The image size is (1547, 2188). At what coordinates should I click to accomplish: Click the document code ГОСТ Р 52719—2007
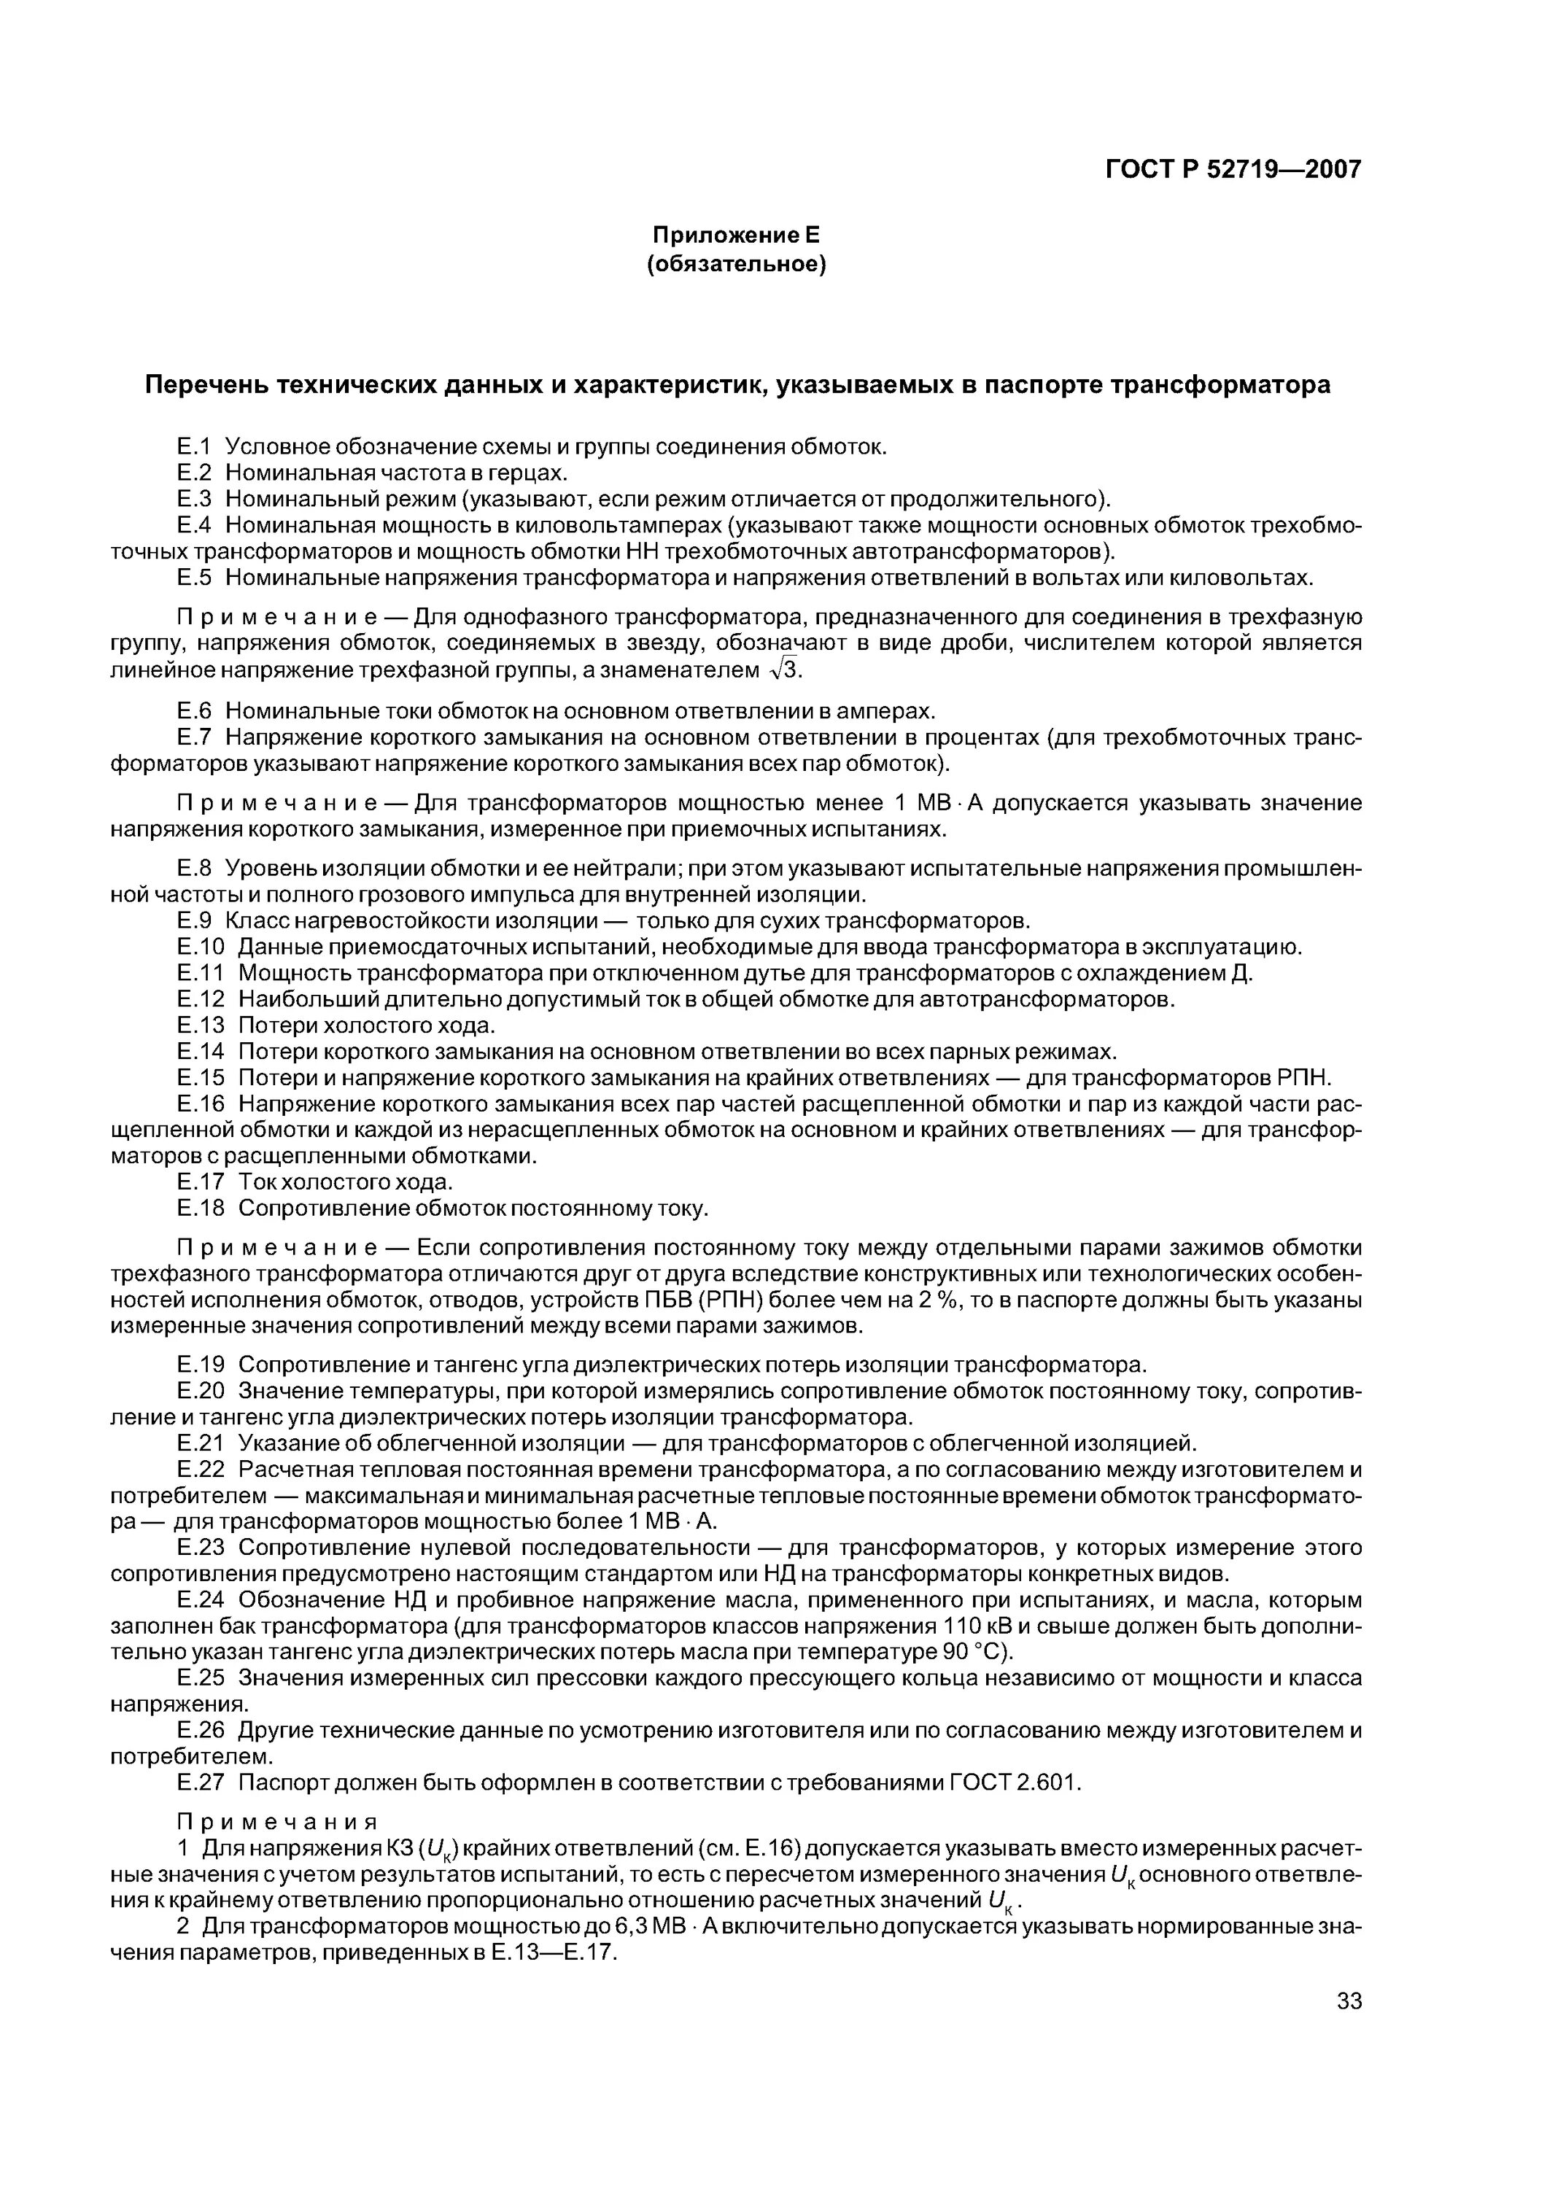[x=1233, y=170]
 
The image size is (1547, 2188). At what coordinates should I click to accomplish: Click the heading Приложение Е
[x=735, y=234]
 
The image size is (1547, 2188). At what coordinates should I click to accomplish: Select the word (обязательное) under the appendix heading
[x=735, y=263]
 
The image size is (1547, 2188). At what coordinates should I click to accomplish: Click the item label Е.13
[x=200, y=1025]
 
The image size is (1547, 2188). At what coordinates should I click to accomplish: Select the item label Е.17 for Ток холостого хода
[x=200, y=1182]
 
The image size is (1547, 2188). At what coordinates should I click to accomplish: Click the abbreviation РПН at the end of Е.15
[x=1301, y=1078]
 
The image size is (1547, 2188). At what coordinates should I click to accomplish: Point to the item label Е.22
[x=200, y=1469]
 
